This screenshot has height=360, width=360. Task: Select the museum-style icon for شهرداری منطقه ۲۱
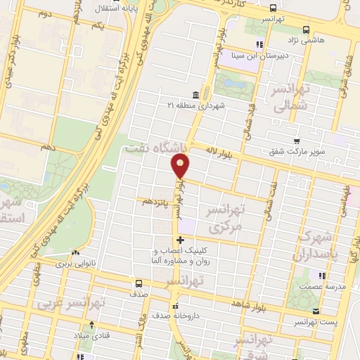(x=195, y=95)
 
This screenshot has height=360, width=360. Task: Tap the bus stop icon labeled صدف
(x=138, y=285)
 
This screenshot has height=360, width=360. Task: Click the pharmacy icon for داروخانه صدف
(x=176, y=306)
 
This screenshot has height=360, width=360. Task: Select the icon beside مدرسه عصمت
(x=321, y=276)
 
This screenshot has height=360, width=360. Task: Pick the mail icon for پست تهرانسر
(x=316, y=311)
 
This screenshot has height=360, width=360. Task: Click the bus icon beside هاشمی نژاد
(x=306, y=30)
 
